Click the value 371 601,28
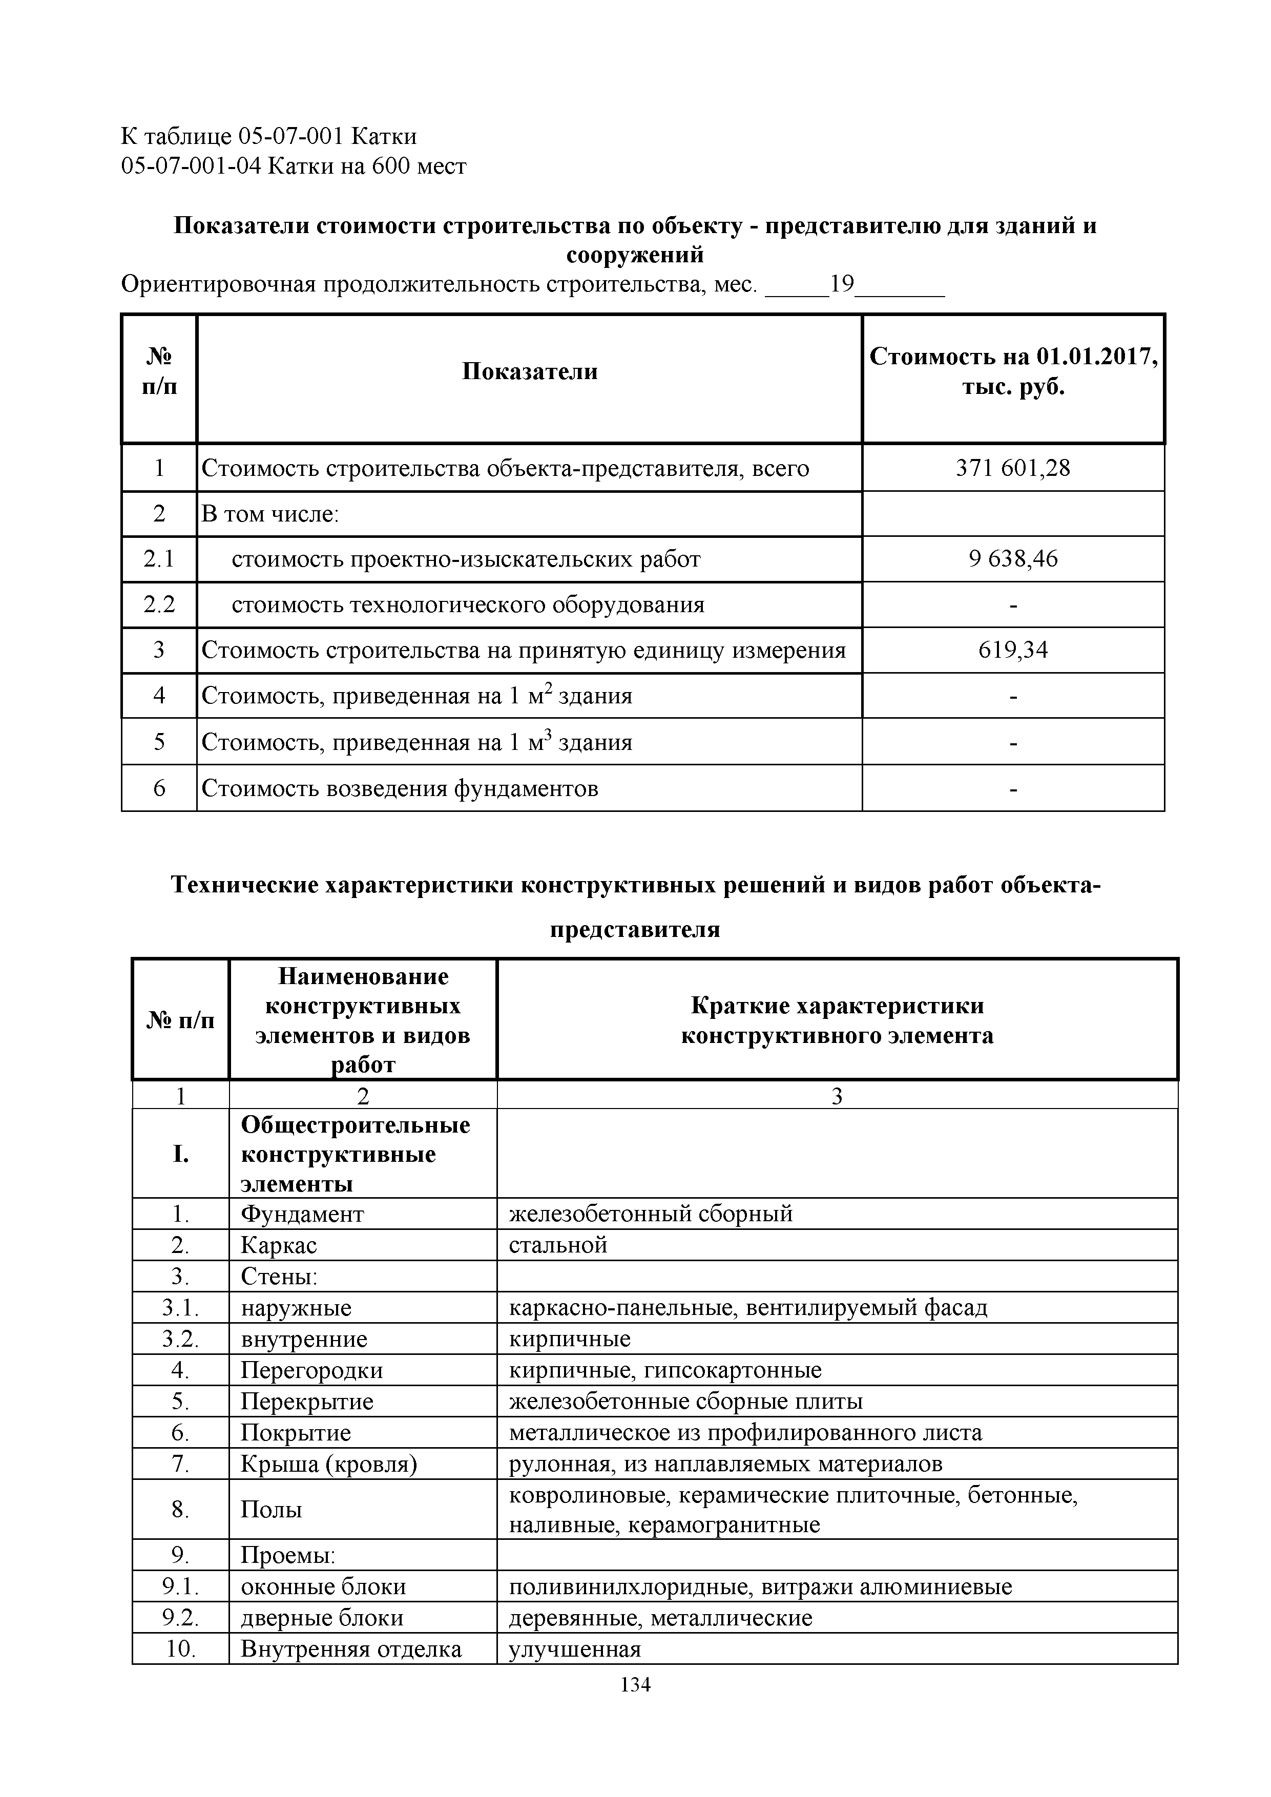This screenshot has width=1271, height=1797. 1013,468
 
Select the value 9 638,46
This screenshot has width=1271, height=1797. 1013,559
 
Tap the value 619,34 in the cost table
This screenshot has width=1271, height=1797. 1013,650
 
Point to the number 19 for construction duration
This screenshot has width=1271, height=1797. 842,284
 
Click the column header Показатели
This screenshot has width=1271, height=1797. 529,371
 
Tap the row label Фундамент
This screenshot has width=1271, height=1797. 302,1214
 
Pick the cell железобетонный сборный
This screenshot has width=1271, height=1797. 651,1214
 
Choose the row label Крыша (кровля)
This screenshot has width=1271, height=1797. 329,1464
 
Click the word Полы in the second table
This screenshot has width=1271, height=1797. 271,1510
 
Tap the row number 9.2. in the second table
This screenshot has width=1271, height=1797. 181,1618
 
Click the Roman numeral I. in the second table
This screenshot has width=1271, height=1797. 181,1155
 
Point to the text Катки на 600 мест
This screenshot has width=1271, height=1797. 366,166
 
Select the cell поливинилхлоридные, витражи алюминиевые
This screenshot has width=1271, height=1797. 760,1586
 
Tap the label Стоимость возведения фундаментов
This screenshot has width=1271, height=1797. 400,788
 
